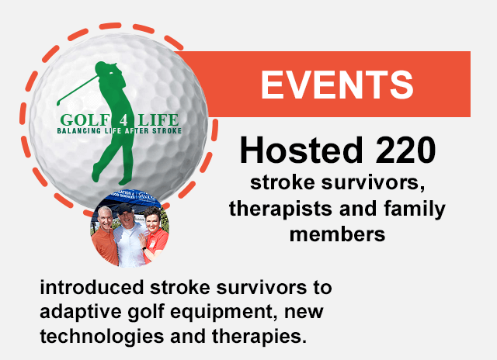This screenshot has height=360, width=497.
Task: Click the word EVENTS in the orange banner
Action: [337, 85]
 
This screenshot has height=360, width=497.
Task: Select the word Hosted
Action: [301, 150]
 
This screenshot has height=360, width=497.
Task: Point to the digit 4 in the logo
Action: [124, 120]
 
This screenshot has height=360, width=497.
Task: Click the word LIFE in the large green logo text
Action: [158, 120]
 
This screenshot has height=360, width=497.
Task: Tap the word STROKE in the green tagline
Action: [167, 131]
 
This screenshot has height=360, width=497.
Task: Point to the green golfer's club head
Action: [58, 103]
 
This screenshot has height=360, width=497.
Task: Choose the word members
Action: [337, 234]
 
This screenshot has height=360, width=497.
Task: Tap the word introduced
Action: [92, 288]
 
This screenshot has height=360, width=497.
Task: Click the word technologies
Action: [102, 337]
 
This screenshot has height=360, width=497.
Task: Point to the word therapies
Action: [259, 337]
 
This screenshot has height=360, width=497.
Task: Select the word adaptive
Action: [81, 313]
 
